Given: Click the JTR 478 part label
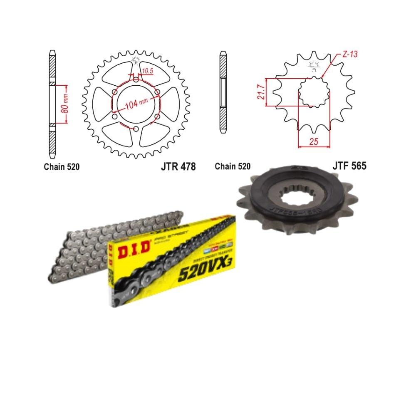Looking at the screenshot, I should [x=178, y=166].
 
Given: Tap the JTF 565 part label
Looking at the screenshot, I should [x=349, y=166].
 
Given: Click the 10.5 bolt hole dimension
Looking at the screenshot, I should [x=147, y=71].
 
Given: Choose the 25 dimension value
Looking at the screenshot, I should [x=314, y=142].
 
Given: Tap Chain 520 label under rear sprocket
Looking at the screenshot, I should [x=62, y=167].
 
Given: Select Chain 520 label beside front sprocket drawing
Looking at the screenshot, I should [x=233, y=166].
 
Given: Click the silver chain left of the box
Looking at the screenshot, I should [x=83, y=254].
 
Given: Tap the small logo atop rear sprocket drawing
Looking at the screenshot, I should [x=135, y=61].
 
